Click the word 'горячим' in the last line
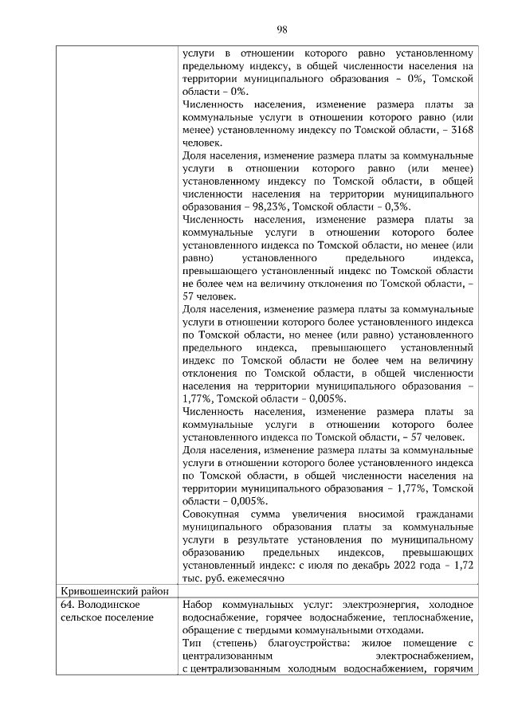point(456,668)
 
